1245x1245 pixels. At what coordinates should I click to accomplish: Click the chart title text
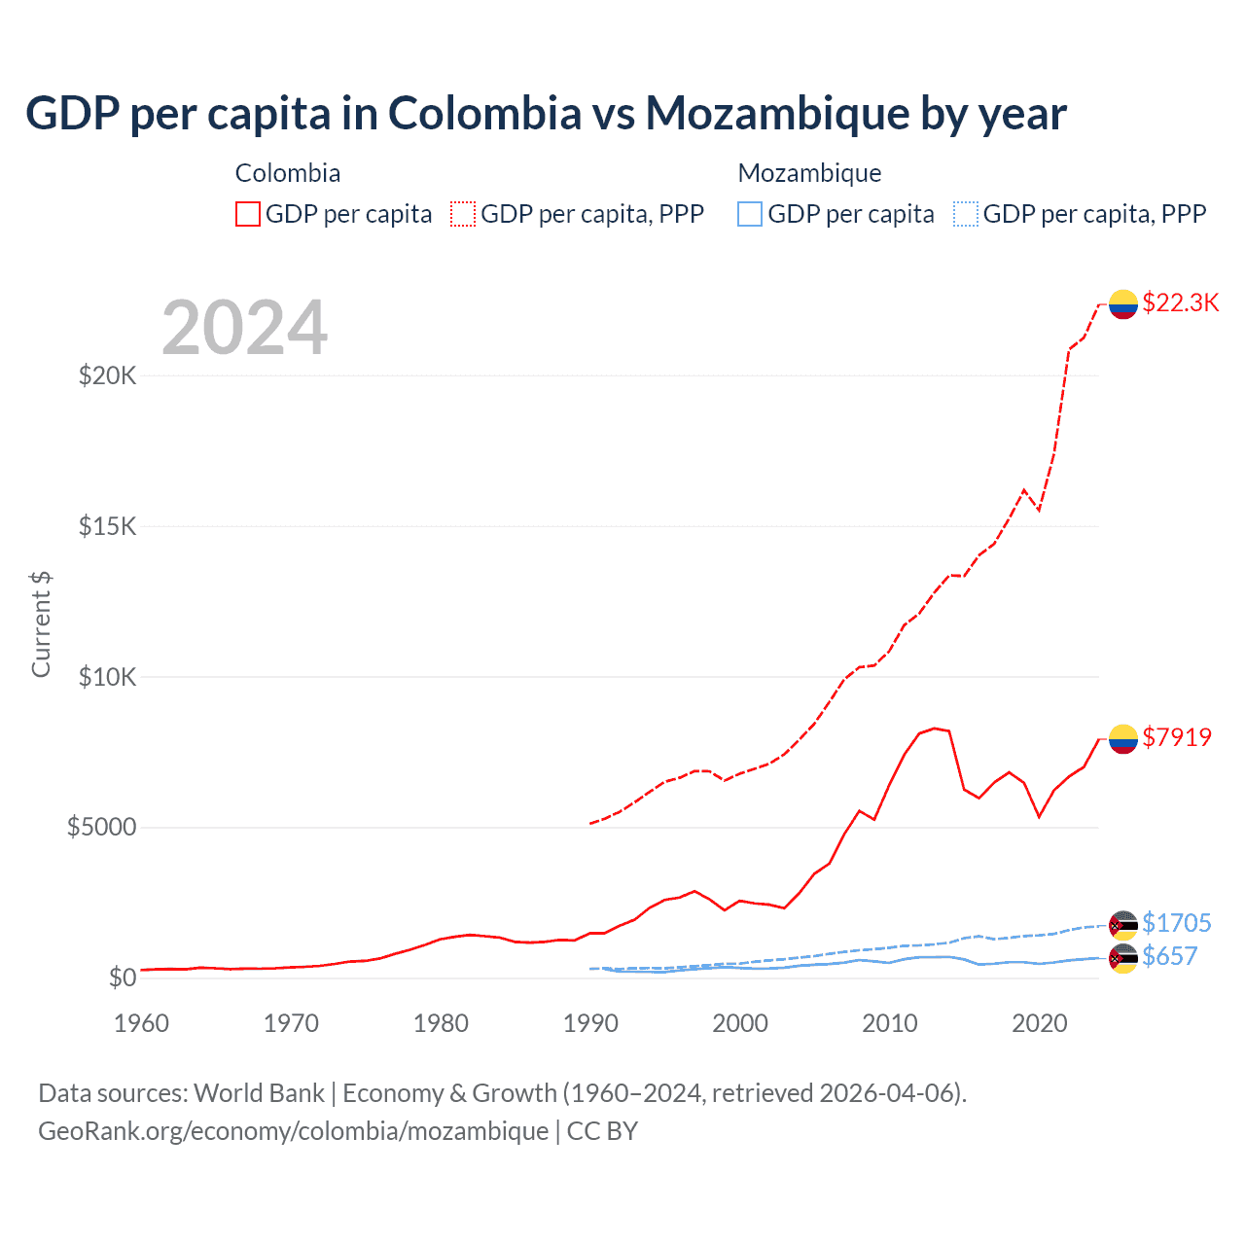click(x=546, y=114)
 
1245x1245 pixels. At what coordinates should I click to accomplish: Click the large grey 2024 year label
click(x=244, y=329)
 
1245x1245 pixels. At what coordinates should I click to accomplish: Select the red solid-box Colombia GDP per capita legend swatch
click(x=248, y=214)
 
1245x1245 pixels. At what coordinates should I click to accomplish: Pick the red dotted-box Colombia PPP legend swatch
click(x=463, y=214)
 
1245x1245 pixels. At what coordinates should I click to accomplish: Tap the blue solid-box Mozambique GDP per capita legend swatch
click(x=750, y=214)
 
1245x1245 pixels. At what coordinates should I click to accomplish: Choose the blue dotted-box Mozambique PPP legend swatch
click(x=966, y=214)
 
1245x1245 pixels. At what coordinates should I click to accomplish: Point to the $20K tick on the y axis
click(x=108, y=375)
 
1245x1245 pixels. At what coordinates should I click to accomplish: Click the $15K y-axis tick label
click(x=108, y=526)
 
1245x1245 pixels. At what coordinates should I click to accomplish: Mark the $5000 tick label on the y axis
click(x=101, y=828)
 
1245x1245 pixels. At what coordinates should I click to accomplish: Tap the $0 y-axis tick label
click(x=122, y=978)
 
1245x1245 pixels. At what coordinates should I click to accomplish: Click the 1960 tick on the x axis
click(x=141, y=1023)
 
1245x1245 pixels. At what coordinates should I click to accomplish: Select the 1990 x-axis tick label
click(x=590, y=1023)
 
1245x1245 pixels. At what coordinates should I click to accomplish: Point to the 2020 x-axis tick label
click(x=1040, y=1023)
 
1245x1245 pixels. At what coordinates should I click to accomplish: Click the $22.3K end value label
click(x=1181, y=303)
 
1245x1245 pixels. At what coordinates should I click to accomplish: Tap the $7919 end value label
click(x=1177, y=737)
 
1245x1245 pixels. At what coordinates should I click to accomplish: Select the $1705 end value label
click(x=1177, y=923)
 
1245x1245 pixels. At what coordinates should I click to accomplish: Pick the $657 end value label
click(x=1170, y=957)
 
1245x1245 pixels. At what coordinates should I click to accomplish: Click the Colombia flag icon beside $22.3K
click(x=1123, y=304)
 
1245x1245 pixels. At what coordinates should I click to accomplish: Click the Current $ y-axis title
click(x=41, y=624)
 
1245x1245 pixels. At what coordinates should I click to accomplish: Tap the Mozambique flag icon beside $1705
click(x=1123, y=925)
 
